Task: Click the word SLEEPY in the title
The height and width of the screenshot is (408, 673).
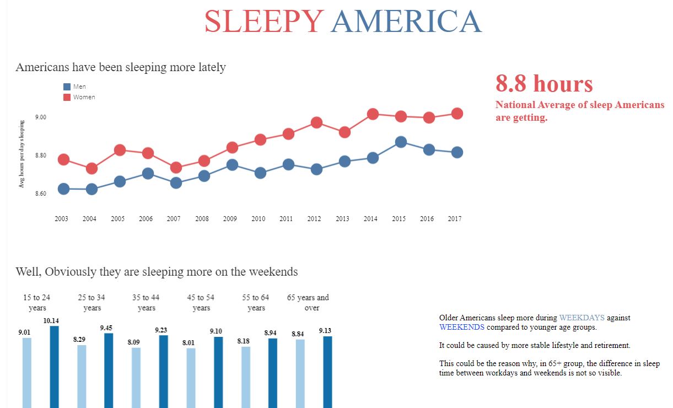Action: (x=263, y=22)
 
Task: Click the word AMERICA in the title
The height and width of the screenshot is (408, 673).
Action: (x=406, y=22)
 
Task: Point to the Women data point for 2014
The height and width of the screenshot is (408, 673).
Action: (x=373, y=114)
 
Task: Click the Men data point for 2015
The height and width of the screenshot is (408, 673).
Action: (x=401, y=142)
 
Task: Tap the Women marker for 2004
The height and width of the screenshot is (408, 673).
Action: (x=91, y=168)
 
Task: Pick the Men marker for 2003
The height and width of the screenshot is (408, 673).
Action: (x=63, y=189)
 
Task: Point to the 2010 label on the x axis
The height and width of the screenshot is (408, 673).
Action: (x=258, y=219)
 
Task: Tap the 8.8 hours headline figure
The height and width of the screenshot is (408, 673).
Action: (x=544, y=84)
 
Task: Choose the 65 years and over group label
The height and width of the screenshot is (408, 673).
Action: (x=308, y=303)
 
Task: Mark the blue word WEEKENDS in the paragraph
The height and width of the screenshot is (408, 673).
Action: (x=461, y=327)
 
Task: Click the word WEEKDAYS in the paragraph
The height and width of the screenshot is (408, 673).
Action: (x=582, y=318)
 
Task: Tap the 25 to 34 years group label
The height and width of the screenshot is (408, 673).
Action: (x=92, y=303)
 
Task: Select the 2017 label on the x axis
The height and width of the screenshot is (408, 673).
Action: (x=455, y=219)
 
